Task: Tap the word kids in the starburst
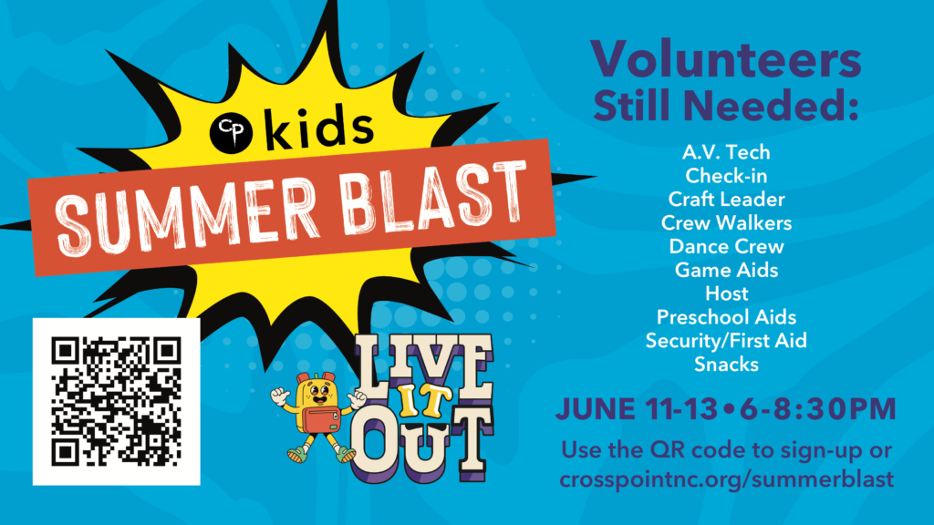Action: tap(319, 127)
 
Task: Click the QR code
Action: tap(116, 401)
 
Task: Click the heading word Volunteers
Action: tap(725, 59)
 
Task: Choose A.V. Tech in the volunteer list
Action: tap(726, 152)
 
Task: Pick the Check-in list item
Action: tap(726, 176)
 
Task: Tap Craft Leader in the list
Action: tap(726, 200)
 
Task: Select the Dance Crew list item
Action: tap(726, 246)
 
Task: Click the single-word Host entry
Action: tap(727, 293)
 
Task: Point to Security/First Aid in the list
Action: tap(726, 341)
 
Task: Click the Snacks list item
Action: tap(726, 365)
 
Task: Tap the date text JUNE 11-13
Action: tap(637, 409)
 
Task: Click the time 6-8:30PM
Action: tap(818, 409)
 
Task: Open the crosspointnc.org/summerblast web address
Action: tap(727, 479)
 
